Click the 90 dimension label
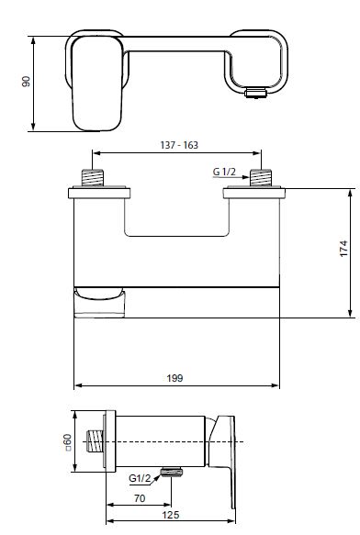(x=26, y=81)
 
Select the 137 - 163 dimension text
(x=179, y=145)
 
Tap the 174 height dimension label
(x=343, y=249)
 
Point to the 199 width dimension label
(x=174, y=378)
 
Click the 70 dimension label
(x=140, y=498)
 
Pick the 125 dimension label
(x=170, y=515)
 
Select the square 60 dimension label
(x=68, y=442)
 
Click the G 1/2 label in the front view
(x=224, y=172)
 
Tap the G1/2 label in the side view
(x=140, y=478)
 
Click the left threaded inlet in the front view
(x=93, y=177)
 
